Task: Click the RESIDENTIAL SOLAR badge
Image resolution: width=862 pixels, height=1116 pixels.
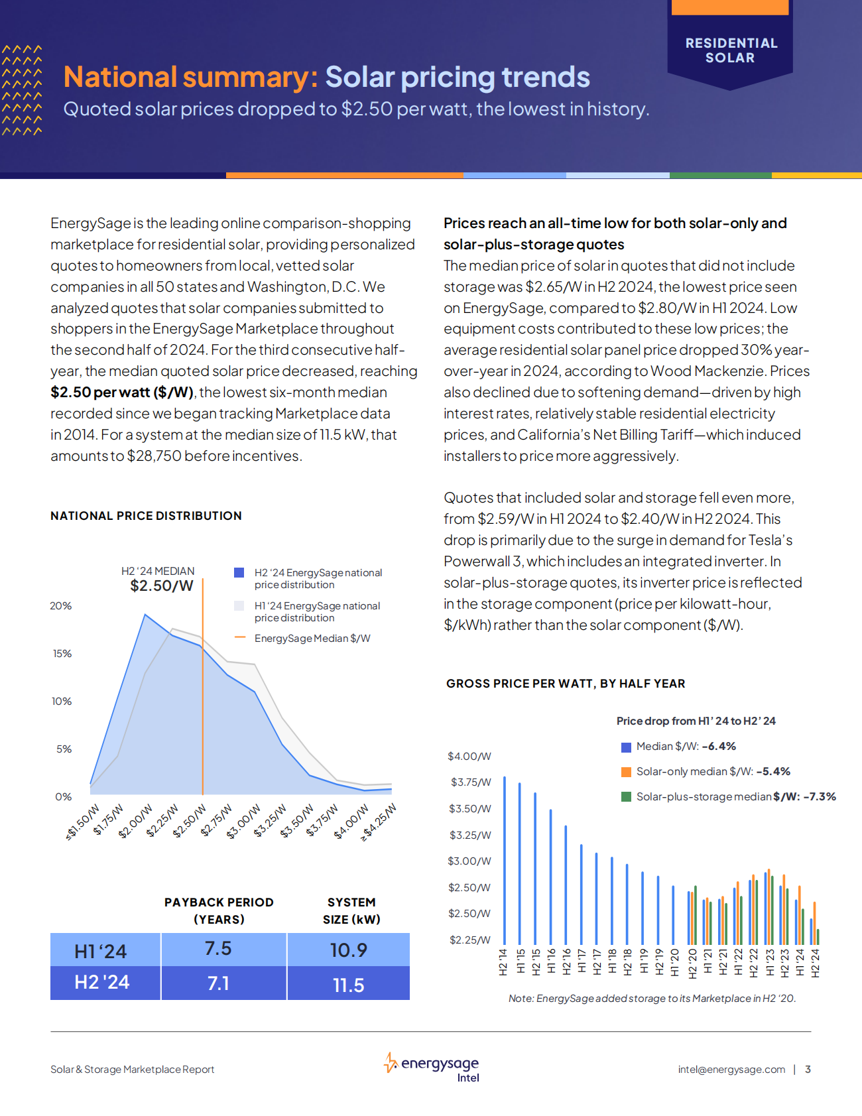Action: click(731, 50)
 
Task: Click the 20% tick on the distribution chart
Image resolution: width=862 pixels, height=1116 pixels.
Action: click(61, 606)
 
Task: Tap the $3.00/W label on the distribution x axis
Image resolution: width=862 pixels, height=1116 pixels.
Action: click(244, 822)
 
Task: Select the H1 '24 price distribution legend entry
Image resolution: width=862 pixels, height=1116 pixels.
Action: click(317, 611)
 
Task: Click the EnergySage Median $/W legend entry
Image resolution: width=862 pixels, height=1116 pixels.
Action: click(312, 638)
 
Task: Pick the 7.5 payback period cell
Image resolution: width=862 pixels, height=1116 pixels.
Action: click(218, 949)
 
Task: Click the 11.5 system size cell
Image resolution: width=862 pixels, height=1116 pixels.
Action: click(348, 985)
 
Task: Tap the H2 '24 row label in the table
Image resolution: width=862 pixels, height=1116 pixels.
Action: click(102, 982)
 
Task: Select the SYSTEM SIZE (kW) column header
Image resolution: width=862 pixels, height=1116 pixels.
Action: click(351, 910)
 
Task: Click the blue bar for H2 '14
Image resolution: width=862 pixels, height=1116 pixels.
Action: click(505, 862)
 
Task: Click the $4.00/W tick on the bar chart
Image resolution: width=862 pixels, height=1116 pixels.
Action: click(469, 757)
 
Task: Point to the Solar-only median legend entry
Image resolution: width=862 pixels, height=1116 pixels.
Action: click(713, 771)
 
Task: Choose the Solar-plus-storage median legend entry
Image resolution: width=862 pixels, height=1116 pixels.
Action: click(735, 796)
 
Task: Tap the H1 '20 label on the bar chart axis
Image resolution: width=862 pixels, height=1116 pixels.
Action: click(674, 962)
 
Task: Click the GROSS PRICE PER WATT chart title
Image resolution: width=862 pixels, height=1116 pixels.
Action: click(566, 684)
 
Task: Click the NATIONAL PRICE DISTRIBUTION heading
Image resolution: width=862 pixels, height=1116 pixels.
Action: click(146, 516)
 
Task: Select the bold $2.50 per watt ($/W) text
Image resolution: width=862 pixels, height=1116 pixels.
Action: click(122, 393)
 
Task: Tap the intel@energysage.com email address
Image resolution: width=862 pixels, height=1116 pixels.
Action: click(731, 1070)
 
